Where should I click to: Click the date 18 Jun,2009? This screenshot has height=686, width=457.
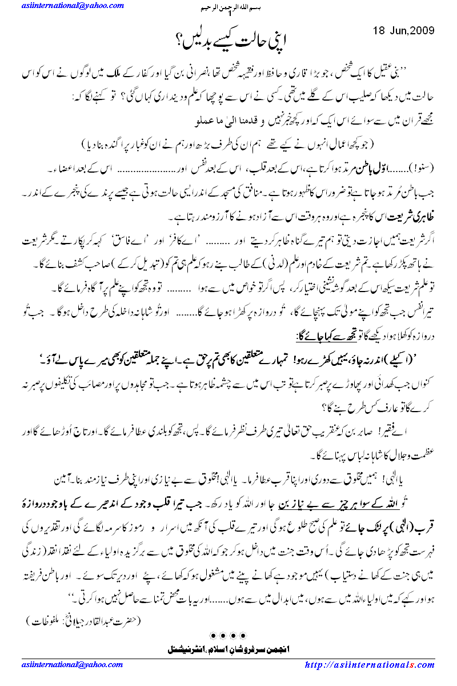tap(403, 30)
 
